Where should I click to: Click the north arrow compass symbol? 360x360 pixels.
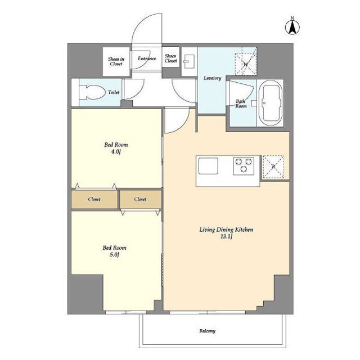tap(292, 26)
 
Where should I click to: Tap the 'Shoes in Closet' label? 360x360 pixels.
tap(116, 61)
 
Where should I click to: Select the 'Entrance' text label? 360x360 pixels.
tap(147, 58)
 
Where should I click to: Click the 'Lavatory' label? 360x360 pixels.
tap(211, 78)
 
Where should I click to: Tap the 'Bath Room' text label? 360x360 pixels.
tap(241, 103)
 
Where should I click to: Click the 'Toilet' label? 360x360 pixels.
tap(113, 92)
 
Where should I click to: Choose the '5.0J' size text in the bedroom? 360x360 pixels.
tap(114, 255)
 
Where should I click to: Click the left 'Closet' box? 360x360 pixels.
tap(94, 199)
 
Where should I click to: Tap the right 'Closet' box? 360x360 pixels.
tap(140, 199)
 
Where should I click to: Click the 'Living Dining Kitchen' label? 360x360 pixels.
tap(227, 230)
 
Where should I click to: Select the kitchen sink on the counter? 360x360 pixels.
tap(208, 167)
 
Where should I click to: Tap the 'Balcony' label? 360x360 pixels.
tap(206, 331)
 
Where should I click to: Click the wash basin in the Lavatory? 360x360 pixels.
tap(188, 61)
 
